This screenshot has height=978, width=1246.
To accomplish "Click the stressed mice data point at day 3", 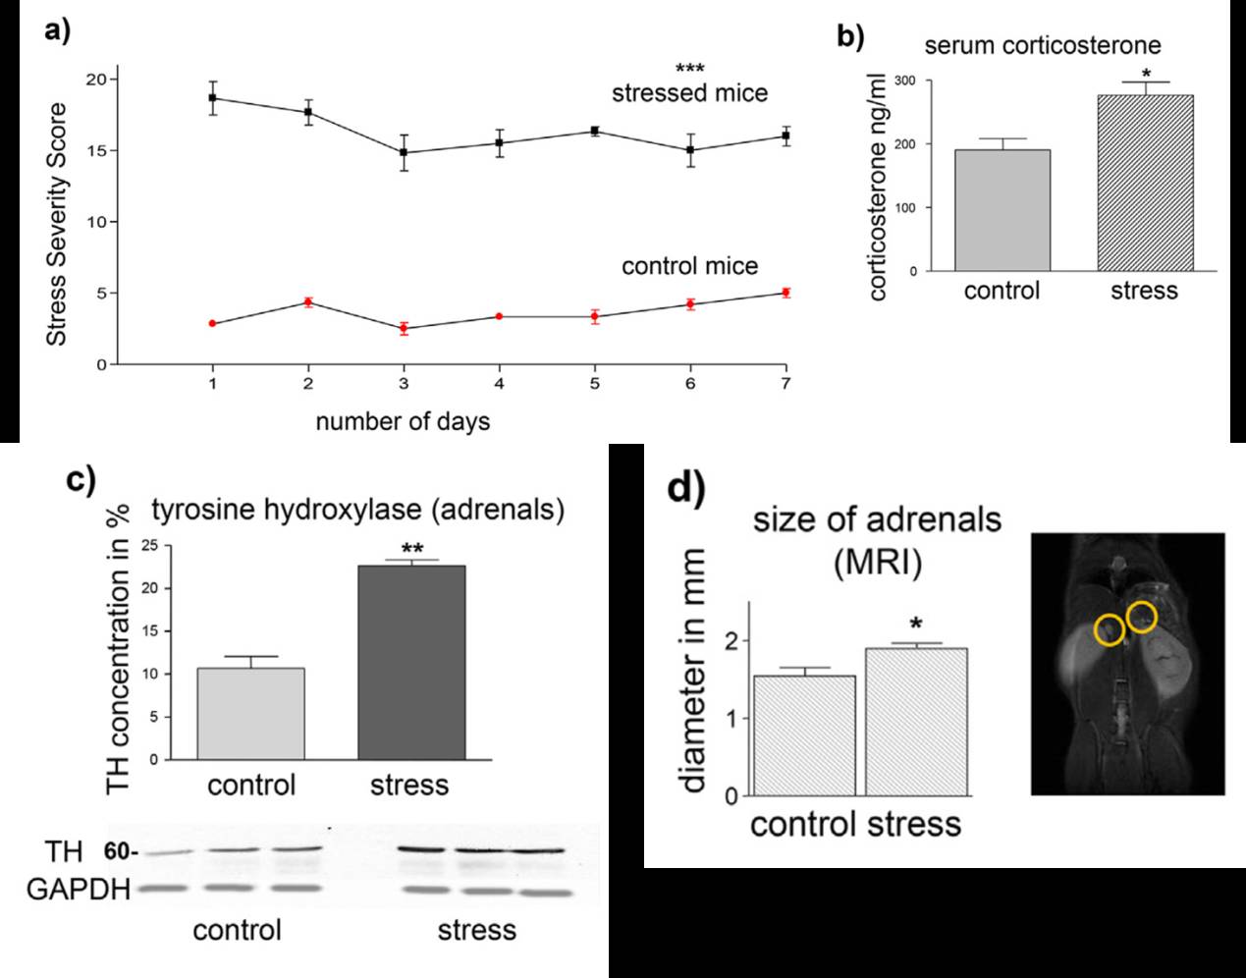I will click(x=404, y=153).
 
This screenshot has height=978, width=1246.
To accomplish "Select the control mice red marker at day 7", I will click(x=786, y=293).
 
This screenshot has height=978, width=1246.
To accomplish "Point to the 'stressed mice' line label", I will click(x=689, y=93).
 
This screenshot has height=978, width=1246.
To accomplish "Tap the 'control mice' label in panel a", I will click(x=689, y=266).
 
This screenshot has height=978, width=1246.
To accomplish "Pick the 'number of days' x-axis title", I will click(x=403, y=422).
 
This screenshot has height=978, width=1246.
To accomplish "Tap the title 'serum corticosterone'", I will click(x=1043, y=45).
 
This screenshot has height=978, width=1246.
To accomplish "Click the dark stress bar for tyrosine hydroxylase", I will click(x=410, y=663).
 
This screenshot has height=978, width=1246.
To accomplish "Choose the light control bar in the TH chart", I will click(x=250, y=714).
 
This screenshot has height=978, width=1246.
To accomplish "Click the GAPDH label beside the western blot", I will click(x=79, y=891).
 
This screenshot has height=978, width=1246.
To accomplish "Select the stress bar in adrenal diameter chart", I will click(x=916, y=722).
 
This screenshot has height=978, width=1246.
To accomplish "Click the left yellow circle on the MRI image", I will click(x=1110, y=629).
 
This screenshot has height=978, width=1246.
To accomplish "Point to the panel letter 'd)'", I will click(x=687, y=487).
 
